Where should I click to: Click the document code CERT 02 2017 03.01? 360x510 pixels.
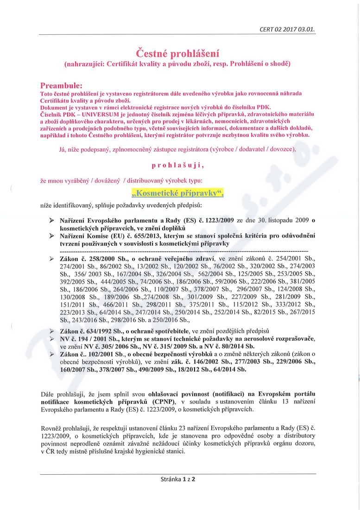point(288,29)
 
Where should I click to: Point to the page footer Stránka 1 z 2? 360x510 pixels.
point(179,479)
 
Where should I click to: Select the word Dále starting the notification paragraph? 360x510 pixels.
point(48,394)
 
